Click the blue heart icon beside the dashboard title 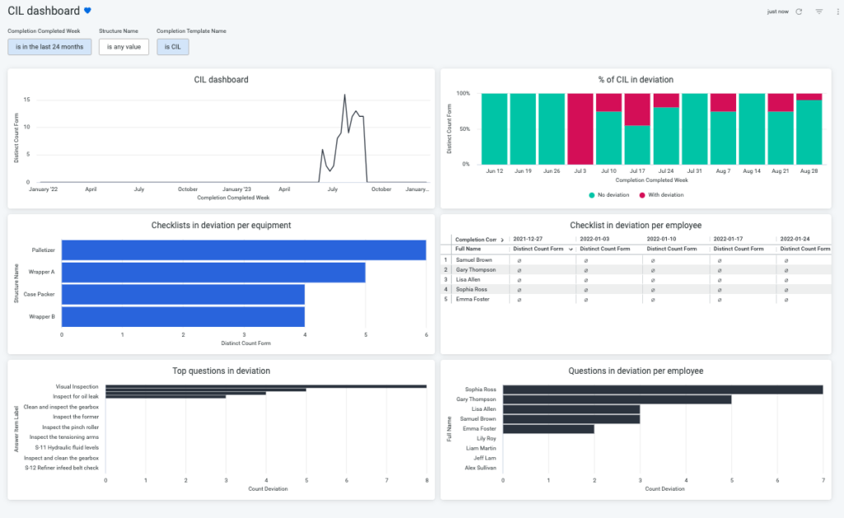(88, 12)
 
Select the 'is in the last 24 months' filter (49, 47)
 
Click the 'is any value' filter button (124, 47)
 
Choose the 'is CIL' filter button (173, 47)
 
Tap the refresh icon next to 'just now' (799, 12)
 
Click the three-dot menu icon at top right (835, 12)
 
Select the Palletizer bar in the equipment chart (243, 250)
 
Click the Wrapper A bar (213, 272)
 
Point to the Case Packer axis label (39, 294)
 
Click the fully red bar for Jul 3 (580, 128)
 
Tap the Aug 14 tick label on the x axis (751, 170)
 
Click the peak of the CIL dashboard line (345, 95)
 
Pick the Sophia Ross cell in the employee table (471, 289)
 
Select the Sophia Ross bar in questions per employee (662, 390)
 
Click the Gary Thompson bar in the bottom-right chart (617, 399)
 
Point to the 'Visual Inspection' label (77, 386)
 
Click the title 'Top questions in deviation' (221, 371)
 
